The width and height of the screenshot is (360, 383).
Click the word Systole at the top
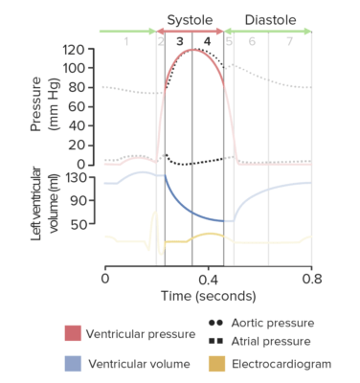click(191, 19)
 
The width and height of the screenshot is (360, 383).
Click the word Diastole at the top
click(270, 19)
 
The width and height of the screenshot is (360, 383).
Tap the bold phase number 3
click(179, 42)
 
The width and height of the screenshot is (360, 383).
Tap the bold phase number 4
click(208, 42)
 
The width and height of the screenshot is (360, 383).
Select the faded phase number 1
click(125, 42)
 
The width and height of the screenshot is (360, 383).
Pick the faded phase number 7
click(290, 42)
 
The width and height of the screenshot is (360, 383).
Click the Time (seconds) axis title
click(208, 299)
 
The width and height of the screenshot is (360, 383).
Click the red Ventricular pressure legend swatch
click(73, 333)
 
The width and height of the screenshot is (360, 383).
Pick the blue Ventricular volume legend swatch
click(73, 364)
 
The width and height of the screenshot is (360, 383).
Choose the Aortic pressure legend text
click(272, 324)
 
